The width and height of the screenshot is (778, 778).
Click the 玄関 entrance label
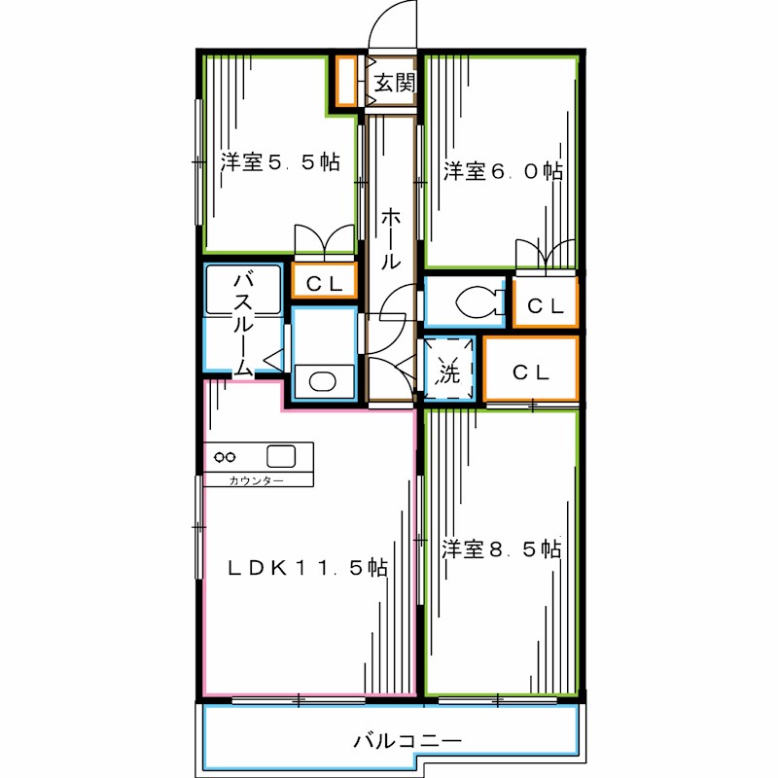pos(395,83)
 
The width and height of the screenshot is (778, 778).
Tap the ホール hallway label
pos(391,238)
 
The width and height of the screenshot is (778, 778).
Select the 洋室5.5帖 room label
pos(280,161)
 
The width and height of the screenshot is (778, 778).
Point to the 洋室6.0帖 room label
pos(503,171)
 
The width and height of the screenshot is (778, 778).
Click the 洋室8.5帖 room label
pos(502,548)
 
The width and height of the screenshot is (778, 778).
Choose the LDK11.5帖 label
pos(307,568)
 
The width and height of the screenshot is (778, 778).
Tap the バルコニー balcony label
pos(407,741)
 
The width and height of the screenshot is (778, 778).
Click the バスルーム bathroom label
pos(243,324)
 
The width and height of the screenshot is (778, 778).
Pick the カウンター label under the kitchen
pos(256,480)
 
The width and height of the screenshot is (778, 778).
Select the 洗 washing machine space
pos(448,370)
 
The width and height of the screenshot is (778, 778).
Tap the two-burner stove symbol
pos(225,457)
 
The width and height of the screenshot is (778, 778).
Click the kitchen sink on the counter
pos(281,456)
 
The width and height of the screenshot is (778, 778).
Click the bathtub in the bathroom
pos(243,290)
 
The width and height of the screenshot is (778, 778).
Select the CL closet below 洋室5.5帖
pos(325,281)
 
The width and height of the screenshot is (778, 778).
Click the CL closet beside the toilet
pos(546,302)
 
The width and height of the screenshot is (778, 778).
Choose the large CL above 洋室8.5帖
pos(531,370)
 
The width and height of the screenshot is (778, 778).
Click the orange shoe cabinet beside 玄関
pos(346,82)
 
